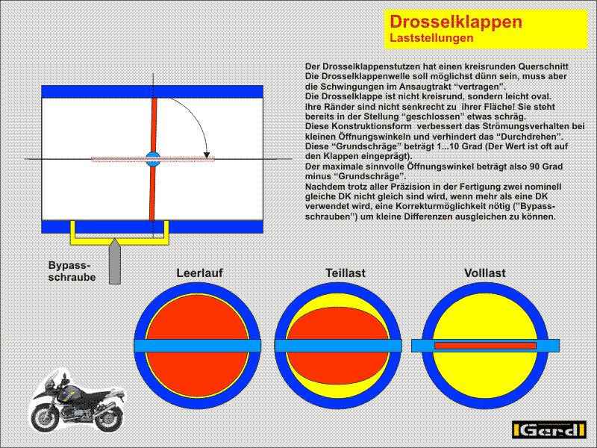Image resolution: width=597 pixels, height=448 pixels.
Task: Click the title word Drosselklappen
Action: tap(456, 22)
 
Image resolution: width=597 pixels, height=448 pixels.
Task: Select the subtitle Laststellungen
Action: tap(432, 37)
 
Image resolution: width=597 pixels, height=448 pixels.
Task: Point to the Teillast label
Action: tap(345, 273)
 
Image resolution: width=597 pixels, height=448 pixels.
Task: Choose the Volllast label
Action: tap(484, 273)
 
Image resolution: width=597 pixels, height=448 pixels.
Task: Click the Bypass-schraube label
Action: tap(69, 271)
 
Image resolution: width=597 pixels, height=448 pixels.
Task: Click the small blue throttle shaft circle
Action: tap(153, 158)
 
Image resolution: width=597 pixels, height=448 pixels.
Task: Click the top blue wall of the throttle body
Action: tap(152, 91)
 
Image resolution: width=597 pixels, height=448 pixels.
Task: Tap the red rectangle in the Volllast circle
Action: tap(485, 346)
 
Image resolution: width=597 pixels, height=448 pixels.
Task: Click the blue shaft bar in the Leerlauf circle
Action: tap(198, 346)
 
